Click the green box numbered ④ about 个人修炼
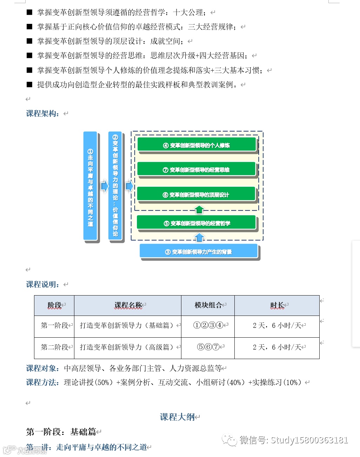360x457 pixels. pyautogui.click(x=196, y=145)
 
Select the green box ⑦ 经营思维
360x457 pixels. pyautogui.click(x=196, y=170)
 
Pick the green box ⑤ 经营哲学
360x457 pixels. pyautogui.click(x=196, y=223)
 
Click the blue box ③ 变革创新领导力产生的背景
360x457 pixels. pyautogui.click(x=199, y=252)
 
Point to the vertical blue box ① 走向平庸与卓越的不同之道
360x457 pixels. pyautogui.click(x=90, y=186)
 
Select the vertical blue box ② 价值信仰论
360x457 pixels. pyautogui.click(x=115, y=186)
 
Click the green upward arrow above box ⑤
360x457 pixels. pyautogui.click(x=199, y=210)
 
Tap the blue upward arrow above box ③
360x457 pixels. pyautogui.click(x=199, y=238)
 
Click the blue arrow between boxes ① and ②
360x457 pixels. pyautogui.click(x=105, y=186)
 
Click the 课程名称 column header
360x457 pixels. pyautogui.click(x=128, y=305)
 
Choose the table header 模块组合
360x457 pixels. pyautogui.click(x=208, y=305)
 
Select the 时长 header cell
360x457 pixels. pyautogui.click(x=277, y=305)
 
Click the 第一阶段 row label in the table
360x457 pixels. pyautogui.click(x=54, y=326)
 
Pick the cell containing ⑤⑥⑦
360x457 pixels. pyautogui.click(x=208, y=347)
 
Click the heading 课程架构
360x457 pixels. pyautogui.click(x=42, y=113)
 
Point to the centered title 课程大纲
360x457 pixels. pyautogui.click(x=177, y=417)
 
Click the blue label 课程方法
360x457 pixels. pyautogui.click(x=42, y=382)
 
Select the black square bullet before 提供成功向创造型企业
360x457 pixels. pyautogui.click(x=29, y=84)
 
